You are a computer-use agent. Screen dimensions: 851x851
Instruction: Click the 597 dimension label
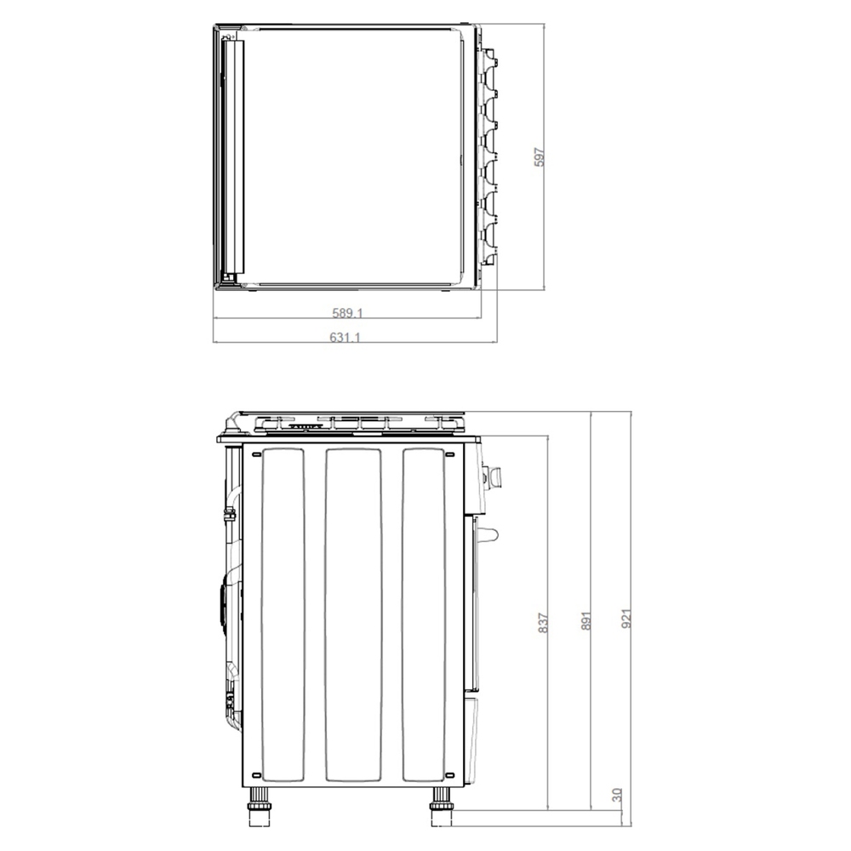point(539,157)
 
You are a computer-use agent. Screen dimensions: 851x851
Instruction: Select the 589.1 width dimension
point(347,312)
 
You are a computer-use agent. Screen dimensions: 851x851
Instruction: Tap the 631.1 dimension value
point(346,337)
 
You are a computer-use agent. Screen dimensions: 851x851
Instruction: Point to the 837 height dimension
point(542,623)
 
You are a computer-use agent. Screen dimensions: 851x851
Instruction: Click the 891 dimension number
point(585,620)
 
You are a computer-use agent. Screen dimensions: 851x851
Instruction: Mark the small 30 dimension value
point(616,795)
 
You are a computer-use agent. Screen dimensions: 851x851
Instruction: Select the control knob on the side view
point(493,475)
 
